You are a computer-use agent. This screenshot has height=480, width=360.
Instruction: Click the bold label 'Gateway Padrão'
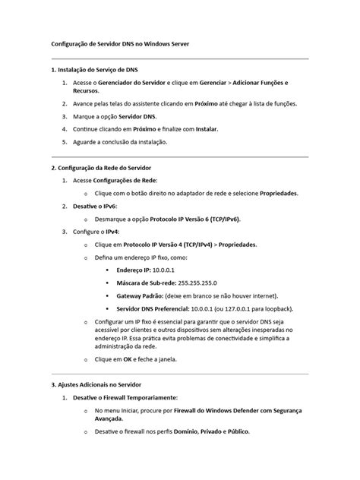(x=142, y=295)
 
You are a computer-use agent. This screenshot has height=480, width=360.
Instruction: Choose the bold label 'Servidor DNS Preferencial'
(x=156, y=308)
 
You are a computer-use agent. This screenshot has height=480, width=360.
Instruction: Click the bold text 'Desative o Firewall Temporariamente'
(x=125, y=397)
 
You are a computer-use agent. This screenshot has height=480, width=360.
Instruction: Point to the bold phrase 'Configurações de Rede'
(x=126, y=181)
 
